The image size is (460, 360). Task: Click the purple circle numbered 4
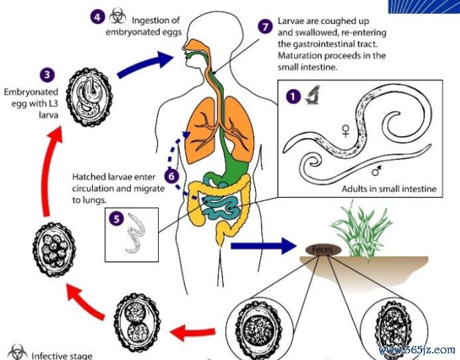(98, 17)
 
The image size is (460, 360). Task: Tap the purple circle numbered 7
(266, 27)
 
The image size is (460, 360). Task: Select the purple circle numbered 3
(47, 75)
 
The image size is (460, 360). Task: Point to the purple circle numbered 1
(293, 96)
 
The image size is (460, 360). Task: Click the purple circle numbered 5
(116, 219)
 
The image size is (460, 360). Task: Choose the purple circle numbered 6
(171, 176)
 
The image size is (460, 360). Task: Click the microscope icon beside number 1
(313, 94)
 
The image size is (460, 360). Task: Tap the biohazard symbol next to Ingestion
(117, 16)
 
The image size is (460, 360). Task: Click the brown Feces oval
(323, 250)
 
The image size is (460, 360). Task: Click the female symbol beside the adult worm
(346, 130)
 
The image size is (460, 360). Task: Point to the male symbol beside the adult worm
(376, 170)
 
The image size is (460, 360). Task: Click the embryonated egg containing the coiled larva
(90, 97)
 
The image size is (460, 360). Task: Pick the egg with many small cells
(54, 250)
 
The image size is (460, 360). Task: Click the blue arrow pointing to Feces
(264, 246)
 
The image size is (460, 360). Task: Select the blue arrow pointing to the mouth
(145, 64)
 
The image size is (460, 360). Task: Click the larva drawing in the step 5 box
(136, 233)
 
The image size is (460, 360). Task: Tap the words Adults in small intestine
(389, 189)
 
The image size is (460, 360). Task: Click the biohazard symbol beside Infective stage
(17, 352)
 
